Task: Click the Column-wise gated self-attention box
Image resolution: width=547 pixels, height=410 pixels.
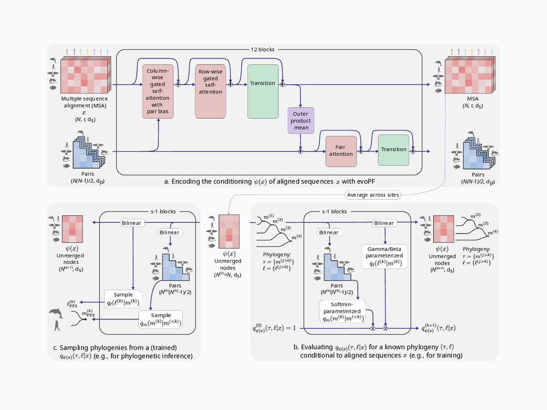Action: [158, 91]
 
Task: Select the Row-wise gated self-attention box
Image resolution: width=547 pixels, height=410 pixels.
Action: [211, 91]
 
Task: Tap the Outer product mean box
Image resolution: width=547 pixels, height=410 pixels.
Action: [300, 121]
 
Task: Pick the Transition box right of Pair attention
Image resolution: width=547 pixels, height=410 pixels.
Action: [393, 149]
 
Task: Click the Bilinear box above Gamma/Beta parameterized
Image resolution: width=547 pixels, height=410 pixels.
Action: [385, 223]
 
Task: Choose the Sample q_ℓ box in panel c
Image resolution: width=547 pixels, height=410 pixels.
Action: [126, 298]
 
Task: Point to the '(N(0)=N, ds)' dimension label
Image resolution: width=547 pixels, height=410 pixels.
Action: [229, 273]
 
